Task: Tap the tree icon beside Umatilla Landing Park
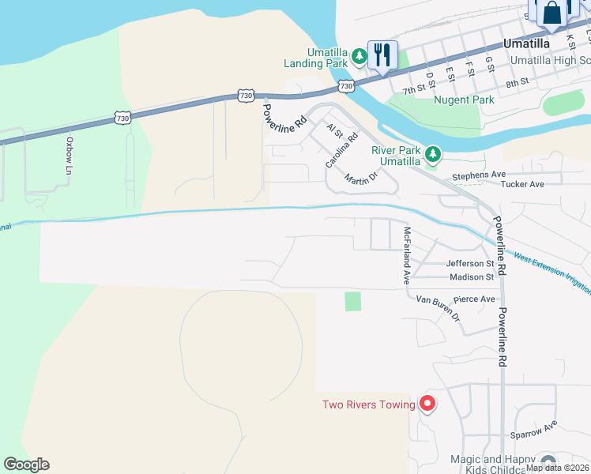point(359,55)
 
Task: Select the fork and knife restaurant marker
point(382,55)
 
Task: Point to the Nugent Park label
point(464,100)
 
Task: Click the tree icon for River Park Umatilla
point(432,154)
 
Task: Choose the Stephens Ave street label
point(478,175)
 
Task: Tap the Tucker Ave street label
point(522,184)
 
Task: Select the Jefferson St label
point(469,263)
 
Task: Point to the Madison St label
point(471,277)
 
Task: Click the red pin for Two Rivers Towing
point(427,404)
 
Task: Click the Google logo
point(26,465)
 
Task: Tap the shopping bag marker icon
point(551,13)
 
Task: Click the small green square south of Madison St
point(352,301)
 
